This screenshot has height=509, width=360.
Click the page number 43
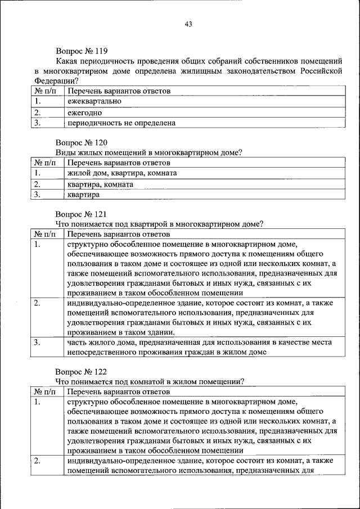click(188, 24)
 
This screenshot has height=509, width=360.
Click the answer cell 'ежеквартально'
click(94, 101)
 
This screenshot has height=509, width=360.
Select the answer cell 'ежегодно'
click(85, 112)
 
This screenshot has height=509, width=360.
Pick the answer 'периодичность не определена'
click(121, 123)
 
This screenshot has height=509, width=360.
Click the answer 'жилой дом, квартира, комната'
click(122, 173)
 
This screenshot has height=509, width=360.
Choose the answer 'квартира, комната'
click(100, 184)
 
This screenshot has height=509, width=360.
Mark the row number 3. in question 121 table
click(37, 342)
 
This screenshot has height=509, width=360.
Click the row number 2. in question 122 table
click(37, 461)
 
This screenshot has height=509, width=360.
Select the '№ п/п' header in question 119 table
click(44, 91)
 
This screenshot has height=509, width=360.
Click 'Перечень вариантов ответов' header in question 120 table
click(119, 163)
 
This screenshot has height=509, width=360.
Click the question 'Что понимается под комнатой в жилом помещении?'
click(150, 381)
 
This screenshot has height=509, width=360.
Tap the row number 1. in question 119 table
click(37, 101)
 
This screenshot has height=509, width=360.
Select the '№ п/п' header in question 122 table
click(44, 391)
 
